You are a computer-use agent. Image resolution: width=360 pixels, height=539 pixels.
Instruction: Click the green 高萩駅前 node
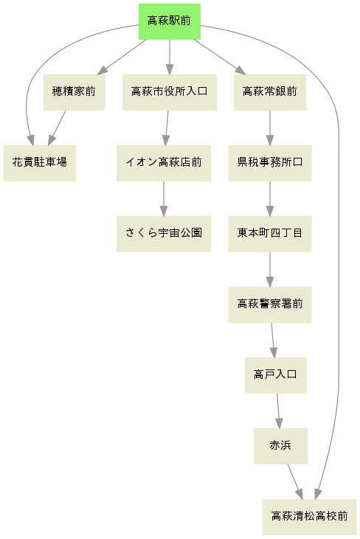pos(170,21)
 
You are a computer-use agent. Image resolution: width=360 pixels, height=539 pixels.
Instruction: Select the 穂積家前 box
pos(74,92)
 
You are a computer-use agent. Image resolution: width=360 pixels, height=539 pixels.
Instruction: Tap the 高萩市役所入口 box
pos(170,92)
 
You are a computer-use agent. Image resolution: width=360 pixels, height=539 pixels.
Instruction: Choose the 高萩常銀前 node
pos(270,92)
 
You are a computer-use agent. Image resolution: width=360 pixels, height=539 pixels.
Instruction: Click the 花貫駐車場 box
pos(40,163)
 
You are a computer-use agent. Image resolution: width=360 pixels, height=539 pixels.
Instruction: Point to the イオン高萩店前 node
pos(164,163)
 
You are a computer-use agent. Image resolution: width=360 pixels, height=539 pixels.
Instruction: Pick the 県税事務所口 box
pos(270,163)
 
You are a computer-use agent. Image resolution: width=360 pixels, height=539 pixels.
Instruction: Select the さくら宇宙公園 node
pos(164,234)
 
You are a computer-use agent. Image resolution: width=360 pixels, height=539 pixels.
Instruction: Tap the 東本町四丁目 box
pos(270,234)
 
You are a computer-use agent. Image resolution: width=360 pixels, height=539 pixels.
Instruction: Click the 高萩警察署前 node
pos(270,305)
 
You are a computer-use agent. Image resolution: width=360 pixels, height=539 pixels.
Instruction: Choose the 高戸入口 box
pos(276,376)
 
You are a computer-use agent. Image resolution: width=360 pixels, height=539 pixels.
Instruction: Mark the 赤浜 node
pos(280,447)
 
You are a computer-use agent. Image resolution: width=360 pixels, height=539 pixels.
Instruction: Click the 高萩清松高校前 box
pos(309,517)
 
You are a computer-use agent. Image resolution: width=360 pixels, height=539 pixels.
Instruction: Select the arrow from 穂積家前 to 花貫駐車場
pos(57,128)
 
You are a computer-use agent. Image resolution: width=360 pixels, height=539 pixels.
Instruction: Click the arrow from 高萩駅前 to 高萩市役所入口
pos(170,57)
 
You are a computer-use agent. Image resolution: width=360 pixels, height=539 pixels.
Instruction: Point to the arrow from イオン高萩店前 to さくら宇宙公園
pos(164,198)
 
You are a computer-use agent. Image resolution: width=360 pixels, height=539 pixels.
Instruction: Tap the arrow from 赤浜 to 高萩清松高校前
pos(295,481)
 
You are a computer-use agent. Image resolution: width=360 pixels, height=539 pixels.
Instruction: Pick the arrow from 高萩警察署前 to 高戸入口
pos(273,341)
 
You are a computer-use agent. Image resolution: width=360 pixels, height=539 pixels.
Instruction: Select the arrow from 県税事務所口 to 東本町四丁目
pos(270,198)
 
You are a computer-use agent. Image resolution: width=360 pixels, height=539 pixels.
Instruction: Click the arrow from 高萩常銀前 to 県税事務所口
pos(270,128)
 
